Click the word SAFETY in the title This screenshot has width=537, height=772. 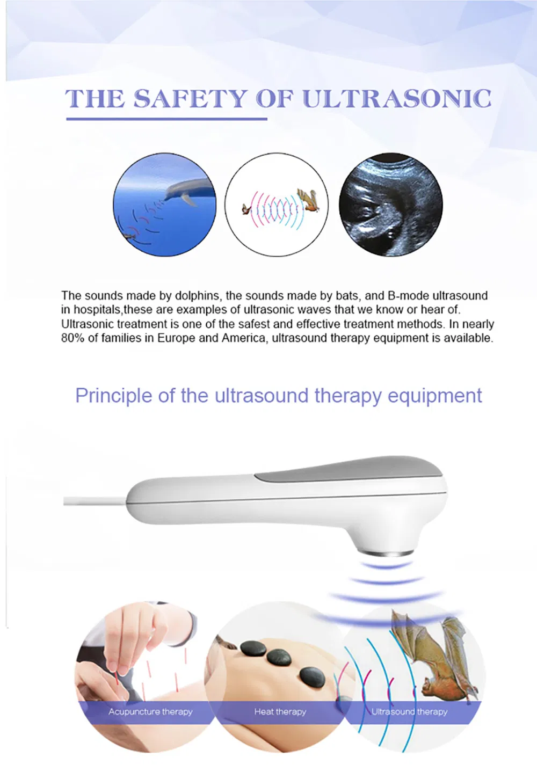click(x=190, y=99)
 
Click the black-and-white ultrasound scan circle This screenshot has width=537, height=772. click(x=391, y=205)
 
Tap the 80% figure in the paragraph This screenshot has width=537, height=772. click(x=72, y=338)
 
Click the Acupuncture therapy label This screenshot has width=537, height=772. click(x=150, y=712)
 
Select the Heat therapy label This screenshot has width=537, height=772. click(x=280, y=712)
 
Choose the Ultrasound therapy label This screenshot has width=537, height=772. click(x=409, y=712)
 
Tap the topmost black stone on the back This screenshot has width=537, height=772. click(x=252, y=649)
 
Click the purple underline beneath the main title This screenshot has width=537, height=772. click(x=166, y=118)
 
